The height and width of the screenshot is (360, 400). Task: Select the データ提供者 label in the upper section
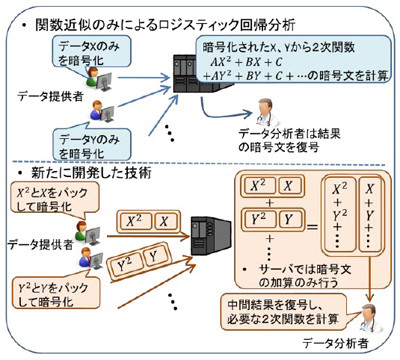click(39, 98)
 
